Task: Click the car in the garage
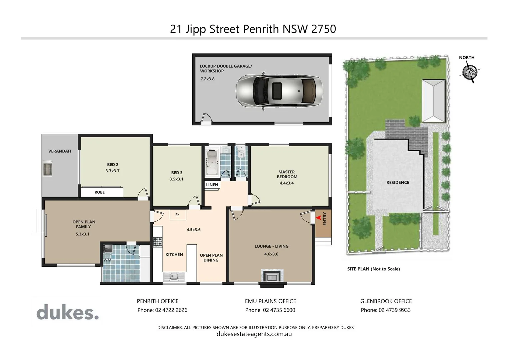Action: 279,90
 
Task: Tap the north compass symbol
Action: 469,72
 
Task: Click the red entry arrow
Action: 318,218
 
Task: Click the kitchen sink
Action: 173,276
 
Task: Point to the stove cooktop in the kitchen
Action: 158,241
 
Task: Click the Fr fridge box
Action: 177,215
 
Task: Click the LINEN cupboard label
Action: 212,185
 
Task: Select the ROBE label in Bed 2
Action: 99,192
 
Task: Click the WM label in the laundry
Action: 107,260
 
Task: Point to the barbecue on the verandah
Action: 48,168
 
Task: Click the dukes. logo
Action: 68,313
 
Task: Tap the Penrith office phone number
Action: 162,310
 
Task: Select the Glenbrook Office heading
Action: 386,301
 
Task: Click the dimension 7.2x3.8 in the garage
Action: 207,79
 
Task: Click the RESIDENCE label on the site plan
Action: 397,182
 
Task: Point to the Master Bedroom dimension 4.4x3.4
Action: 286,183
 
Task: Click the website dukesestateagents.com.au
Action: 254,334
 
